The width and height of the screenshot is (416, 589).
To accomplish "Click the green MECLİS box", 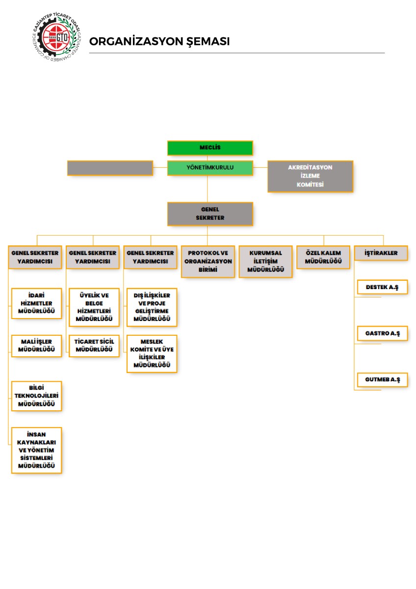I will tap(210, 148).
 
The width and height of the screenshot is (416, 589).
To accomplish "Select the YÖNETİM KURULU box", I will tap(210, 168).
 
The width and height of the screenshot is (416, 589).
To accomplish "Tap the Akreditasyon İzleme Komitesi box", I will tap(310, 176).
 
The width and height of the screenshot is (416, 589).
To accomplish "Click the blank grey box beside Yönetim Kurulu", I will tap(110, 168).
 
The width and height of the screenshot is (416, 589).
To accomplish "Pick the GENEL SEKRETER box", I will tap(210, 214).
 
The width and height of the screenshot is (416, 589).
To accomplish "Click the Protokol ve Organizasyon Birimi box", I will tap(208, 261).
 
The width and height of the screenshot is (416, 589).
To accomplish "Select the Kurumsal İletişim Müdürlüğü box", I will tap(266, 261).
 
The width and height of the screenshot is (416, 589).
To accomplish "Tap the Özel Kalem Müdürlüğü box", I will tap(323, 257).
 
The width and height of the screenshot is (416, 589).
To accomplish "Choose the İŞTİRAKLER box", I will tap(381, 253).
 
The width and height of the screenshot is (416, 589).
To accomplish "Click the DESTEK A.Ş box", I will tap(382, 287).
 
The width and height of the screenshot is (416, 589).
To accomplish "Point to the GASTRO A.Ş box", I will tap(382, 333).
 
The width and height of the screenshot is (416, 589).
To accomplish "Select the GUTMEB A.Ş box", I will tap(382, 380).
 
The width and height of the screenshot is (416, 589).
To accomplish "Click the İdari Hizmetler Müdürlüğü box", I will tap(37, 303).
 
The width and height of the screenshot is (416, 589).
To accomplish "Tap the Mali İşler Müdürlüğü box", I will tap(37, 346).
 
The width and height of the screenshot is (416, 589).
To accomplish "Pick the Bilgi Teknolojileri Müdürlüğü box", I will tap(37, 396).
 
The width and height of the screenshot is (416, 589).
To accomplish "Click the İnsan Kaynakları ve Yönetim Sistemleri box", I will tap(37, 450).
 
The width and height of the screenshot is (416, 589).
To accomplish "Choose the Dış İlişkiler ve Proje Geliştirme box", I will tap(152, 307).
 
